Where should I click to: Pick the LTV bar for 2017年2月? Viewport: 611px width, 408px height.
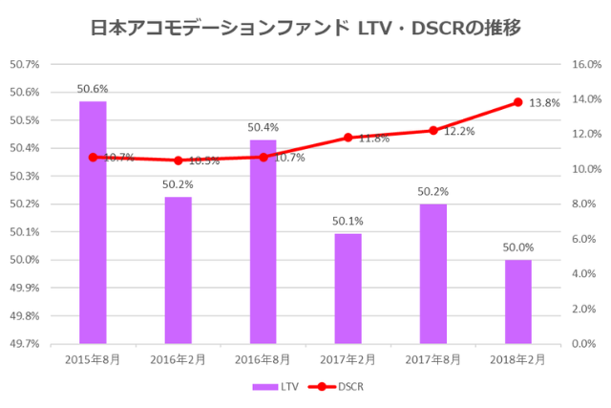tap(348, 288)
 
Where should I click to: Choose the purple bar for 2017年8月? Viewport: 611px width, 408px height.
tap(433, 273)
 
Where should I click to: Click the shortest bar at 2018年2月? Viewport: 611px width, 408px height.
tap(518, 301)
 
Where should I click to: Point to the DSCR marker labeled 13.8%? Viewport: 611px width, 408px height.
tap(518, 102)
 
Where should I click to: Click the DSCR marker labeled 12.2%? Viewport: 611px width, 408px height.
tap(433, 130)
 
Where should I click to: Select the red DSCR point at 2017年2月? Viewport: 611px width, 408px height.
tap(348, 138)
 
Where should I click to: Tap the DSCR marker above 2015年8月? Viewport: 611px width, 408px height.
tap(93, 157)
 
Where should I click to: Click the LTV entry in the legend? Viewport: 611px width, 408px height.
tap(276, 387)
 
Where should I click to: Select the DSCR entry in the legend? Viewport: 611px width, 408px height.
tap(337, 387)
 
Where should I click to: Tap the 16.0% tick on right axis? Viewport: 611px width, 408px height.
tap(584, 65)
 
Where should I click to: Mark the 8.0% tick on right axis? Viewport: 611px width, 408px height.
tap(581, 204)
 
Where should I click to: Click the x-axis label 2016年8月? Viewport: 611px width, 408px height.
tap(263, 359)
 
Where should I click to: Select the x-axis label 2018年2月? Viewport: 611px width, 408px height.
tap(518, 359)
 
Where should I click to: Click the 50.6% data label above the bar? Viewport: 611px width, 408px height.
tap(93, 90)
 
